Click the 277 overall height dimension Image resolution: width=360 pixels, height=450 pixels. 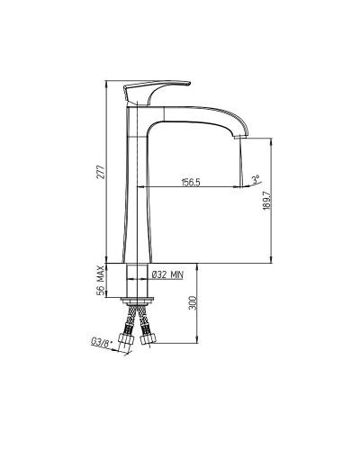102,172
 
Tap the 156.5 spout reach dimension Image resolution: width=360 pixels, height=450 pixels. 191,182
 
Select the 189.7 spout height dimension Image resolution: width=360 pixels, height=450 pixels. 266,201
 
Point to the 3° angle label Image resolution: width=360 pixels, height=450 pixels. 256,179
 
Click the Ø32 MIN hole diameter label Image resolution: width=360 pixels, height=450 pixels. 168,274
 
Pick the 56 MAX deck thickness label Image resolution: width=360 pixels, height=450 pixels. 101,280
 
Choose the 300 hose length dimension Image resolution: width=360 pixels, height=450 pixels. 193,303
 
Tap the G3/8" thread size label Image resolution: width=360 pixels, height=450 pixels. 101,343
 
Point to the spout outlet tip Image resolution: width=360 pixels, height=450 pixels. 240,137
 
